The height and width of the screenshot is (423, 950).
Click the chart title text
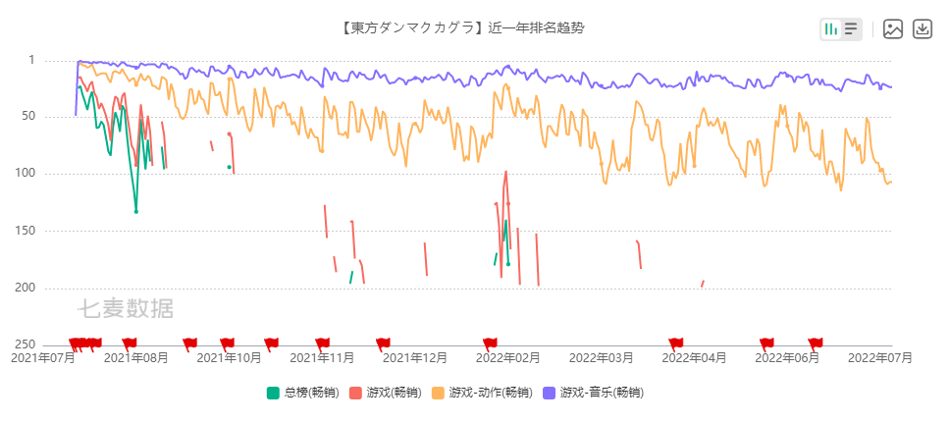point(462,27)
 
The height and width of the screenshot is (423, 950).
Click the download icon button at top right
point(923,28)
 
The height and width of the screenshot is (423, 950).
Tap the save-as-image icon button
point(892,28)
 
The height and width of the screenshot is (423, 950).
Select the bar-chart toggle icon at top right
point(831,28)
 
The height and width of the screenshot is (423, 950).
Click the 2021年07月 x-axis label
point(42,359)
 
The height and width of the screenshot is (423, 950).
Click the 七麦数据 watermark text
point(126,308)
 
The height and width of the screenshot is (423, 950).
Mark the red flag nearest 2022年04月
point(675,343)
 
